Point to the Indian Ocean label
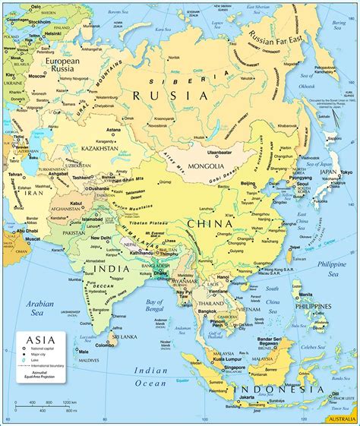point(150,377)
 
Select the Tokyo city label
point(346,172)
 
